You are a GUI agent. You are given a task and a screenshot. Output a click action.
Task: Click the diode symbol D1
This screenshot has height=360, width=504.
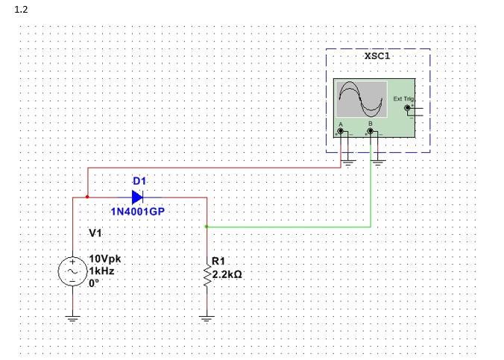click(137, 198)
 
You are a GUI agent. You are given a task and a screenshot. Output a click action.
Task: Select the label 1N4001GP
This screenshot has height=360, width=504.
click(137, 212)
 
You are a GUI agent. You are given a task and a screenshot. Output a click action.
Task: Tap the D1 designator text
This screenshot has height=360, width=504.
click(139, 181)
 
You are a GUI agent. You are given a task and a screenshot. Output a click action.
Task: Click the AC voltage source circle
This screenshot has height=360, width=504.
click(73, 272)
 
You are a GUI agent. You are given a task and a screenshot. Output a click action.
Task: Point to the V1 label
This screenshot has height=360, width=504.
click(95, 233)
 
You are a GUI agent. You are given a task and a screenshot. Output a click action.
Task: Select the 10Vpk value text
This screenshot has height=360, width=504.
click(104, 259)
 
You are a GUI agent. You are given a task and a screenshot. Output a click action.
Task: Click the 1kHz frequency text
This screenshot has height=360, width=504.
click(101, 271)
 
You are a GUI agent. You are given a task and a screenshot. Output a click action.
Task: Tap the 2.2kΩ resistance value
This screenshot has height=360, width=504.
click(227, 275)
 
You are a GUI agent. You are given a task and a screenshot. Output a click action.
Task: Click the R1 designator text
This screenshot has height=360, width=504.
click(219, 261)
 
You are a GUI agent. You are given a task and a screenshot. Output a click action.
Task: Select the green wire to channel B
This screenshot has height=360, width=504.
click(298, 225)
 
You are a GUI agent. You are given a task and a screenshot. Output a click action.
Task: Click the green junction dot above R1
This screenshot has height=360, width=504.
click(207, 225)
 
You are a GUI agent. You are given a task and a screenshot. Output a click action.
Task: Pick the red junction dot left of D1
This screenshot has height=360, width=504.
click(88, 198)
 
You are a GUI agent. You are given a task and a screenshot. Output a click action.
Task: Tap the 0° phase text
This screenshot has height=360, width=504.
click(94, 283)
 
